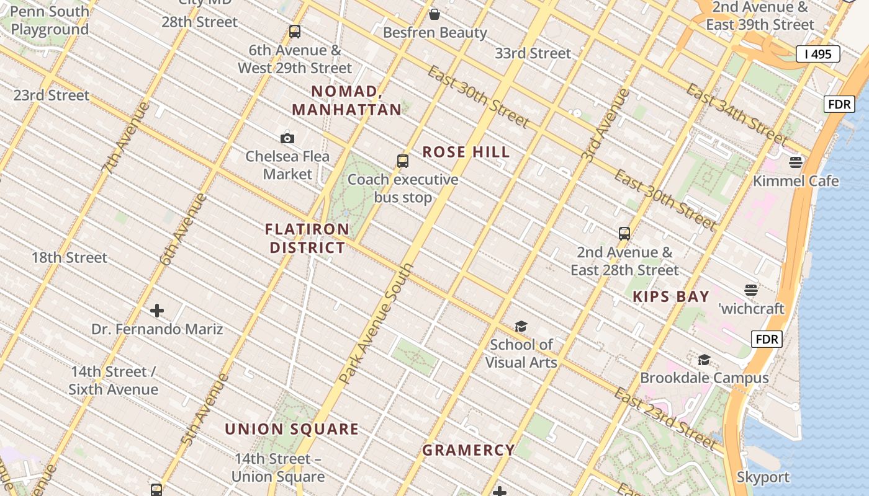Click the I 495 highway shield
coord(817,54)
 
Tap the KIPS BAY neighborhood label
coord(671,296)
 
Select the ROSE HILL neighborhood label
coord(466,152)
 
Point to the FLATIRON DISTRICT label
coord(307,239)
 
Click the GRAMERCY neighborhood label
coord(469,450)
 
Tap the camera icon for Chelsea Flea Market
coord(287,138)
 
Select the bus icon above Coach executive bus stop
coord(403,161)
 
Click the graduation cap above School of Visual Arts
coord(521,326)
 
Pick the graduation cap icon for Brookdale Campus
coord(704,360)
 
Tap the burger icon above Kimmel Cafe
coord(796,162)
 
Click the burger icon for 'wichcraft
coord(751,290)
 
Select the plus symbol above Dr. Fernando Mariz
coord(157,311)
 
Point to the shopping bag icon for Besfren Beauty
coord(434,14)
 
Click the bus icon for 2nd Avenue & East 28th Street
coord(624,234)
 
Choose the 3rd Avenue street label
coord(606,126)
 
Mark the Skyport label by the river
coord(763,477)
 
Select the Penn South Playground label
coord(50,20)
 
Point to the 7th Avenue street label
coord(126,137)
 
